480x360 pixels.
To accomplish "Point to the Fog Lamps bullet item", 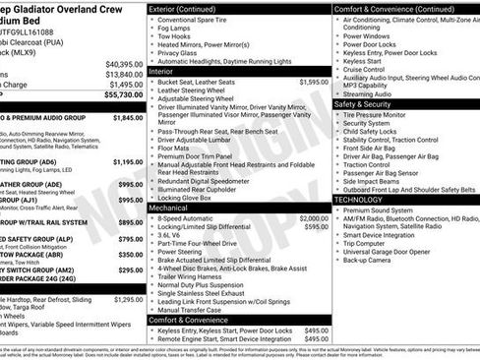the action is click(176, 29).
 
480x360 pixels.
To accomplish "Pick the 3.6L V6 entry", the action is click(173, 236).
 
